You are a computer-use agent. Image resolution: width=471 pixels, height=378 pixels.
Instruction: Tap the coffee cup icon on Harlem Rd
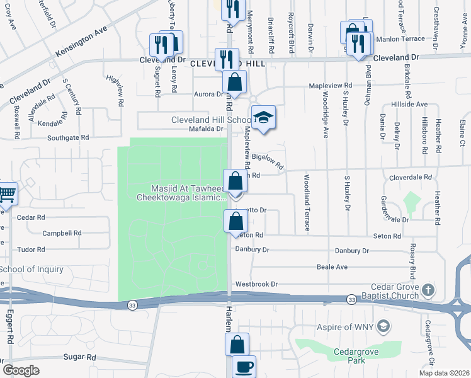coord(244,366)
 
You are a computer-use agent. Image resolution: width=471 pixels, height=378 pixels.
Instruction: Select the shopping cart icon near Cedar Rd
coord(7,194)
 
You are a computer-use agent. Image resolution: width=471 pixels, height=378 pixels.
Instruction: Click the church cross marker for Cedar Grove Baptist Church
coord(428,290)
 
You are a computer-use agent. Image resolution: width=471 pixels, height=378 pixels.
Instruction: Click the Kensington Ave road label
coord(82,42)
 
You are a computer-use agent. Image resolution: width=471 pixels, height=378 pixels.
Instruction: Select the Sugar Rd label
coord(80,357)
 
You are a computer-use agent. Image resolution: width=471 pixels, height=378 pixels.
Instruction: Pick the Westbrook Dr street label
coord(256,284)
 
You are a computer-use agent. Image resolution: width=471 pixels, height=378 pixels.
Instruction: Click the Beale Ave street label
coord(332,267)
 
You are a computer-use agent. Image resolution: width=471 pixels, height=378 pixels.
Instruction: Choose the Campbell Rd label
coord(62,233)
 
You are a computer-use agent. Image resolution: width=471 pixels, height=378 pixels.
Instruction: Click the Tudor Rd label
coord(31,249)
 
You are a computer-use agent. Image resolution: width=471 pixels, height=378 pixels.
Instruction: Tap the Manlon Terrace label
coord(400,39)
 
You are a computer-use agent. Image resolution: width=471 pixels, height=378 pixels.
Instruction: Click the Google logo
coord(21,370)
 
